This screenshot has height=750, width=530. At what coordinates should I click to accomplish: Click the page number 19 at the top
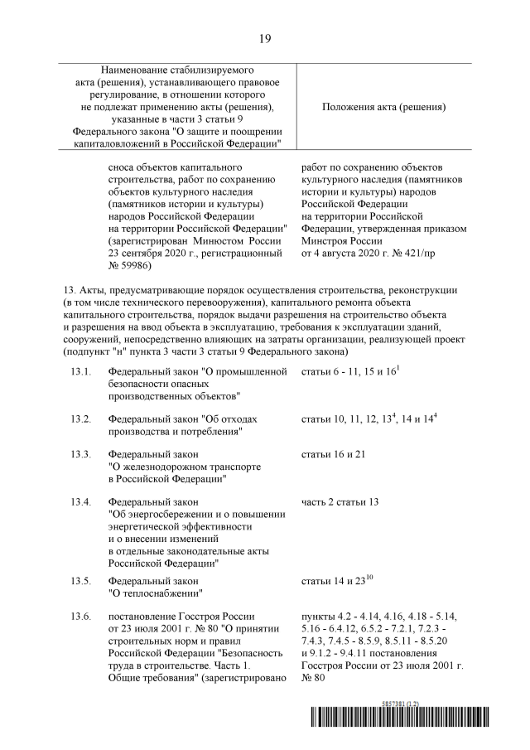pos(265,38)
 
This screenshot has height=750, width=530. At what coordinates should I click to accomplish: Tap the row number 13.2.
pos(80,419)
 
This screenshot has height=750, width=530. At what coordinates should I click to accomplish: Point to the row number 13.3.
pos(80,455)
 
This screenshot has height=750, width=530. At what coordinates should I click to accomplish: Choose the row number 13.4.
pos(80,502)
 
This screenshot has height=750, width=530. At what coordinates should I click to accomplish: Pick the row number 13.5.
pos(80,582)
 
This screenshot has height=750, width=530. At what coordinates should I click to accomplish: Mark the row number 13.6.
pos(80,618)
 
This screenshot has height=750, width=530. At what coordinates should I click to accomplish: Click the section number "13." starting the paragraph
pos(69,292)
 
